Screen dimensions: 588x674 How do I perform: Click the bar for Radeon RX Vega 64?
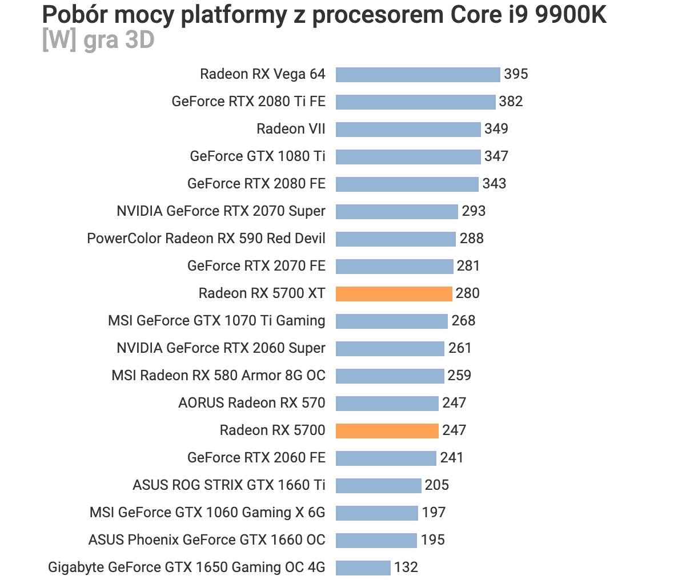click(418, 74)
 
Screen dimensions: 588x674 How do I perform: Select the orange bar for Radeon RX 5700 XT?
click(394, 293)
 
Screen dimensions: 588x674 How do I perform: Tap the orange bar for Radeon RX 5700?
click(387, 430)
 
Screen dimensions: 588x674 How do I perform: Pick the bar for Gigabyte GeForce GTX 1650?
click(363, 567)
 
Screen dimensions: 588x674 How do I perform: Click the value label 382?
click(511, 102)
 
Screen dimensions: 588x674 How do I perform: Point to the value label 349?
click(496, 129)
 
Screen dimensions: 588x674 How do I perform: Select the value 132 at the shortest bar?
click(406, 567)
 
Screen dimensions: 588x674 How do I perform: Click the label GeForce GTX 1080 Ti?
click(258, 156)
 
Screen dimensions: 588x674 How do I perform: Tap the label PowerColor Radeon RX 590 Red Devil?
click(206, 239)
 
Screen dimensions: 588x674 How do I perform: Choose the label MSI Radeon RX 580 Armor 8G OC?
click(218, 376)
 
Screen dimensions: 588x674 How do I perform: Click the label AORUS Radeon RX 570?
click(252, 403)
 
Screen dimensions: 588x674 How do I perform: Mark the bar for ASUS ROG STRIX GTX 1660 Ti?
click(378, 485)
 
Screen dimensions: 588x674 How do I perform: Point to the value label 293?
click(474, 211)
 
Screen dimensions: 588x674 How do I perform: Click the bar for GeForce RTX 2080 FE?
click(407, 184)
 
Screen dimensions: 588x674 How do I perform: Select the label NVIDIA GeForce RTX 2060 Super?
click(221, 348)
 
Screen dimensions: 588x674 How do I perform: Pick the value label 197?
click(434, 513)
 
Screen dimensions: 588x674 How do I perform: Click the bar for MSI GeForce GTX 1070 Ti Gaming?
click(391, 321)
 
